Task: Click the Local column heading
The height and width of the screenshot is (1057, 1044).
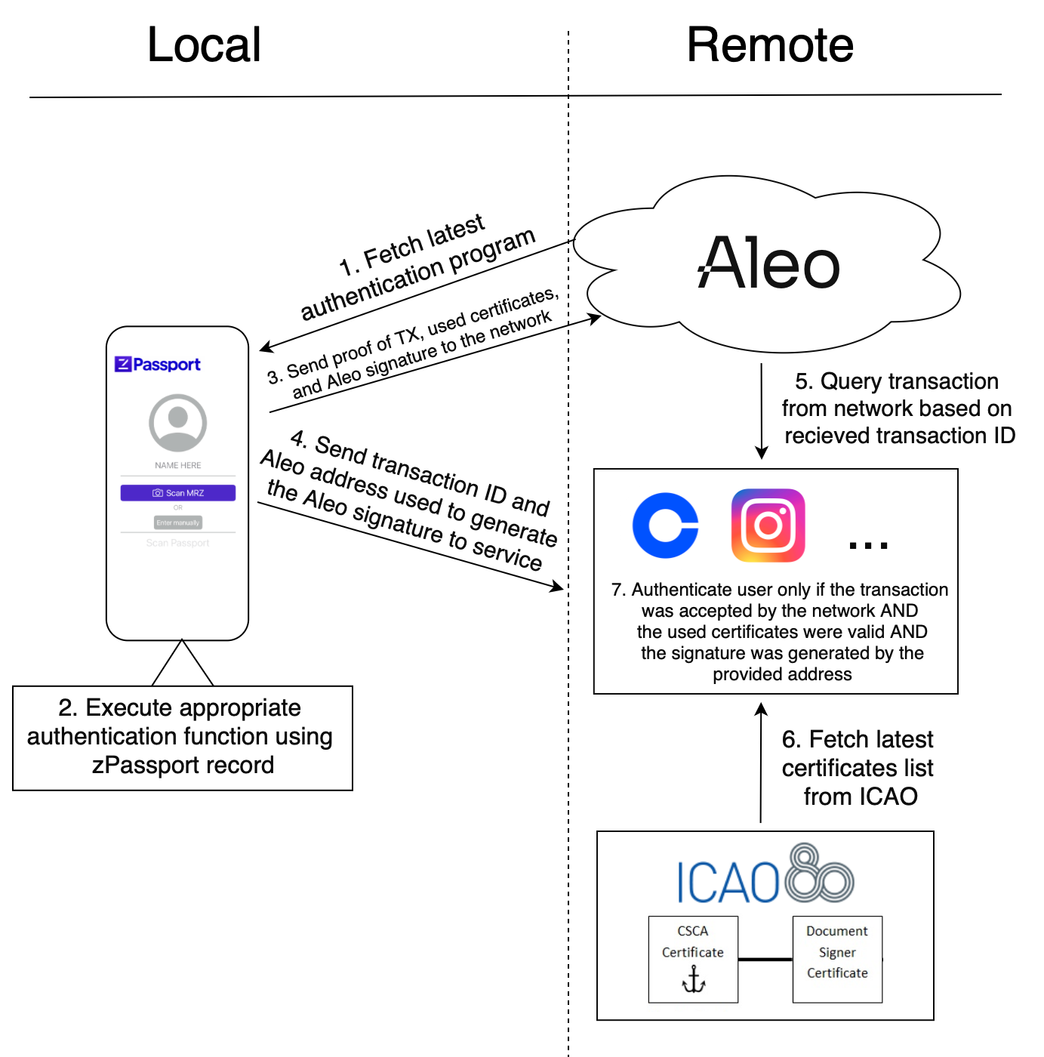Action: click(204, 45)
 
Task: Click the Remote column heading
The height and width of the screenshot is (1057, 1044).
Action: click(769, 45)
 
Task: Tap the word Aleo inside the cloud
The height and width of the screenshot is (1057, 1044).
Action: click(768, 263)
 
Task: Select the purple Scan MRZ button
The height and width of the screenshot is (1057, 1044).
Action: click(178, 493)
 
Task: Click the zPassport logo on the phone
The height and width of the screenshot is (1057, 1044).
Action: click(158, 365)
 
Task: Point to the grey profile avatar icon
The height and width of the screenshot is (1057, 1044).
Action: click(178, 423)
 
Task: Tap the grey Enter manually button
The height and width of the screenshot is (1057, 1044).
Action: click(178, 522)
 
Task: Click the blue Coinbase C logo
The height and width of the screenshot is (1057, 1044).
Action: click(665, 526)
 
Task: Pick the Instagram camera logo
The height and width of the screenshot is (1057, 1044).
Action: click(768, 525)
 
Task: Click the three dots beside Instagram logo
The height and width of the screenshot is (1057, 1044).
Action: click(868, 544)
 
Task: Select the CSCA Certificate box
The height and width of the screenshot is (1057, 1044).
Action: click(693, 959)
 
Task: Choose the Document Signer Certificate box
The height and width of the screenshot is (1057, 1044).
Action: click(837, 959)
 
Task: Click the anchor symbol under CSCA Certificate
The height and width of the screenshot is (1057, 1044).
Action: click(694, 980)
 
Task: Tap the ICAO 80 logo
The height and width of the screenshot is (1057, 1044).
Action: click(765, 876)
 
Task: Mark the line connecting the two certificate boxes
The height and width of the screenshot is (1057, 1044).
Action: click(765, 960)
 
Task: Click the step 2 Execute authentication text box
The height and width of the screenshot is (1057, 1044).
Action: click(182, 737)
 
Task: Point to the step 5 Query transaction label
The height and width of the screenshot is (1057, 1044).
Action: click(897, 408)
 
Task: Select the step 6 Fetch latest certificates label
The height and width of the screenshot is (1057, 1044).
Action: click(858, 768)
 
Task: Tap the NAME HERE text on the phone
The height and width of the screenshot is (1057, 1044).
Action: click(178, 466)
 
